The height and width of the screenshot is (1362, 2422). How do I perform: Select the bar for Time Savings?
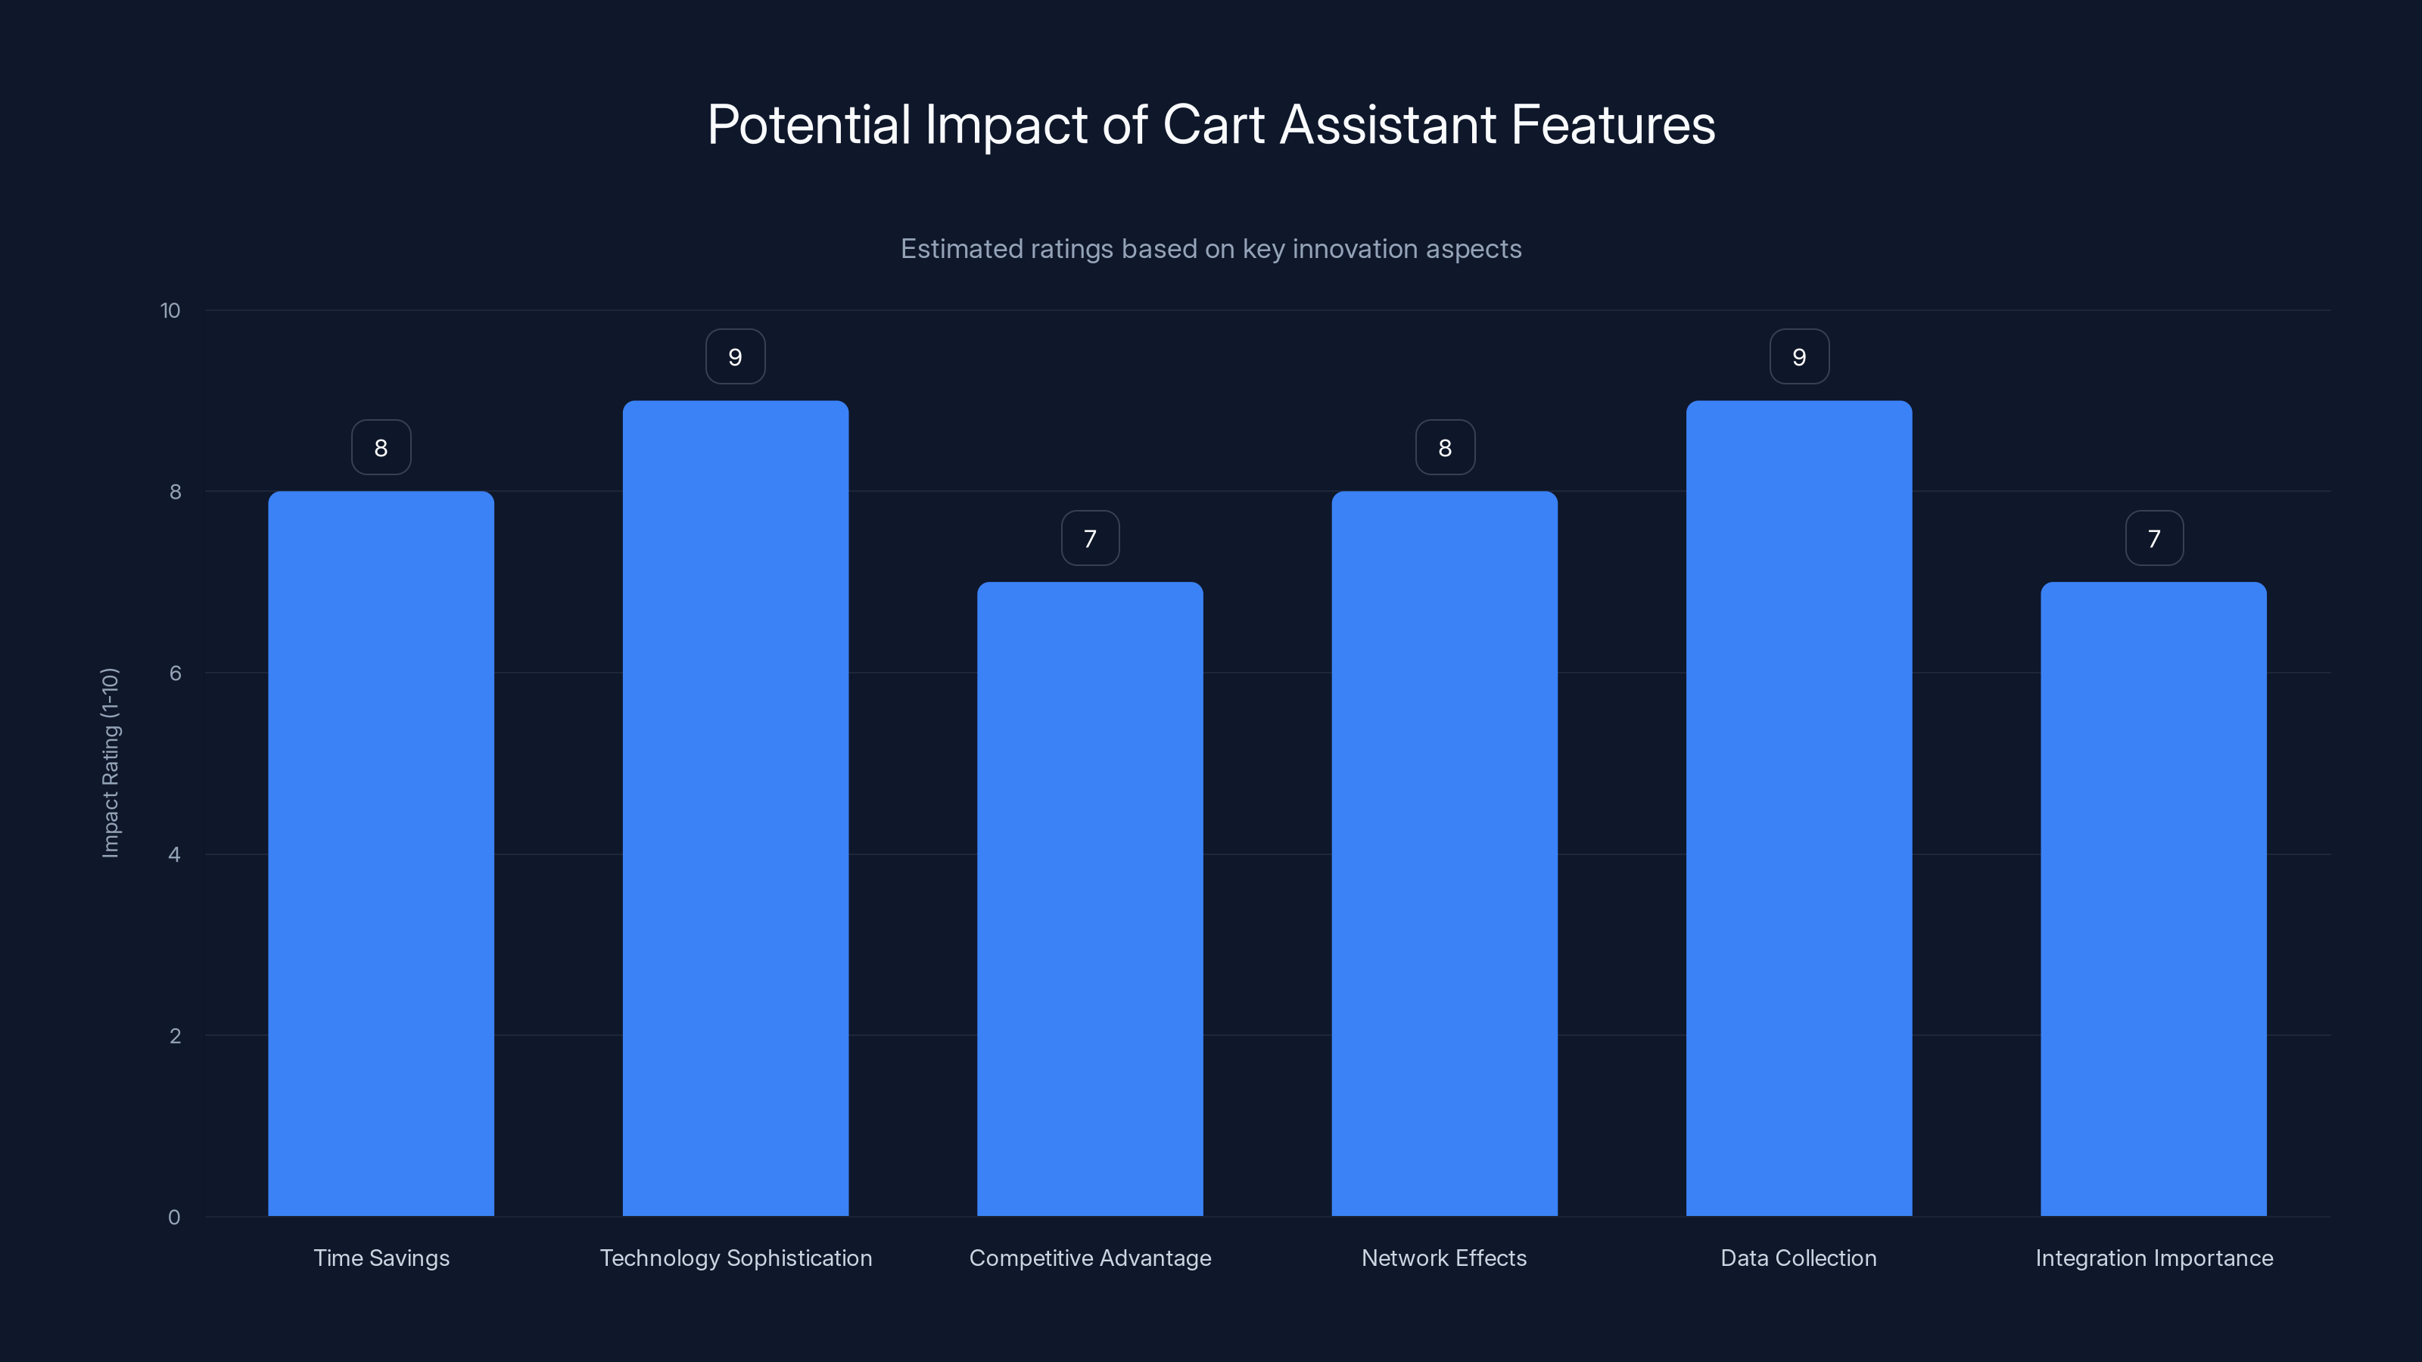[x=381, y=854]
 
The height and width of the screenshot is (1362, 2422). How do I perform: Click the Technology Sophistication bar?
[x=735, y=808]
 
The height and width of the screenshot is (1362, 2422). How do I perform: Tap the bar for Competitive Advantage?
[x=1090, y=899]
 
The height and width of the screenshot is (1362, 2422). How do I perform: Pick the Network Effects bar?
[x=1444, y=854]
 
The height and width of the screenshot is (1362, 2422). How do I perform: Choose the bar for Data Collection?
[x=1798, y=808]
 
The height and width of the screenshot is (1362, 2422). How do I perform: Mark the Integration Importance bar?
[x=2153, y=899]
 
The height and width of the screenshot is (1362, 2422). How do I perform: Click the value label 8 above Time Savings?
[x=381, y=447]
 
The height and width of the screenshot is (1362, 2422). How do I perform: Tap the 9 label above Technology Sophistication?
[x=735, y=357]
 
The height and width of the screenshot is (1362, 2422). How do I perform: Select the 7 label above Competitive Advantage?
[x=1090, y=539]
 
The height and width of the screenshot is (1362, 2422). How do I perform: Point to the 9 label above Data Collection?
[x=1798, y=357]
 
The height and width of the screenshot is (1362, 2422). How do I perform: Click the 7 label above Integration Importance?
[x=2154, y=539]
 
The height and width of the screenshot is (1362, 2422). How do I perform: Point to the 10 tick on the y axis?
[x=170, y=311]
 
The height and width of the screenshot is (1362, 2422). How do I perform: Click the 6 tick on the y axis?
[x=175, y=673]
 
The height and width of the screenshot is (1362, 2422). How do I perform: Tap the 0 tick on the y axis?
[x=174, y=1217]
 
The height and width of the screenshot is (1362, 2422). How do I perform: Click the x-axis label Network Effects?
[x=1444, y=1258]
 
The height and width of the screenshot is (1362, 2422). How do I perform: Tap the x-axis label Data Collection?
[x=1798, y=1258]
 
